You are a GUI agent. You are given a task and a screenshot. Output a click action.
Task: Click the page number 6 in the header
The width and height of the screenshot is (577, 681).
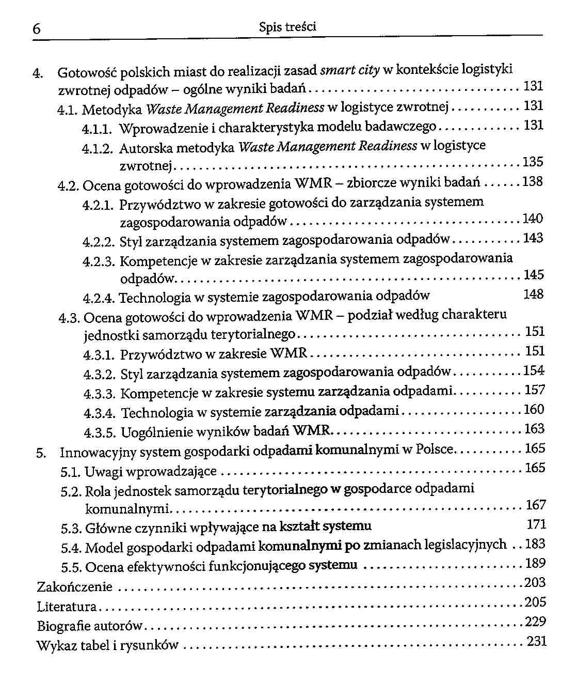tap(37, 29)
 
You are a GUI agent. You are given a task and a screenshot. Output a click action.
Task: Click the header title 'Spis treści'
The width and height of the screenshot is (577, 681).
tap(287, 27)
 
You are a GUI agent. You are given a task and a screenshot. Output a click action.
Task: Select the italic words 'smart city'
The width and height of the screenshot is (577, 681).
tap(350, 70)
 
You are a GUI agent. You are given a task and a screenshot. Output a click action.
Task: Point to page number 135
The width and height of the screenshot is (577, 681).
tap(533, 162)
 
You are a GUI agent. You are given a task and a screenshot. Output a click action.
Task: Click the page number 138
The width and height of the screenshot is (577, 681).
tap(533, 182)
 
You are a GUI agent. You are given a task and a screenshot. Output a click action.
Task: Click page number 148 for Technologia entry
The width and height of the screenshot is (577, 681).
tap(533, 295)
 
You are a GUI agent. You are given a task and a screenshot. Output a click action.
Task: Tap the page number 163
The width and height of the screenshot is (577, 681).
tap(534, 429)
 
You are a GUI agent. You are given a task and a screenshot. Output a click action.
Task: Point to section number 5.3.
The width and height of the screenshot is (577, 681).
tap(71, 529)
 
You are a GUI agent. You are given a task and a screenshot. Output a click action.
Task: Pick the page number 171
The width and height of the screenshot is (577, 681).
tap(536, 524)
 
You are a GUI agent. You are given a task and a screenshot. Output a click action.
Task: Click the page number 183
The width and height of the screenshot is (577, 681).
tap(535, 544)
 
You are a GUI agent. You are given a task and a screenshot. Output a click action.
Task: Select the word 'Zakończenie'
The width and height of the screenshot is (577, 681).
tap(74, 587)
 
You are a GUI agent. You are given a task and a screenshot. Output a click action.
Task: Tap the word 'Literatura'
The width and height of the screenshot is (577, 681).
tap(67, 607)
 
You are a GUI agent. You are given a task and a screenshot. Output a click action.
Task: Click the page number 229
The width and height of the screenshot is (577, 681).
tap(536, 622)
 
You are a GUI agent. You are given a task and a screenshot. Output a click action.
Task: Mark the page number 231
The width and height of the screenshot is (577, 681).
tap(537, 642)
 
